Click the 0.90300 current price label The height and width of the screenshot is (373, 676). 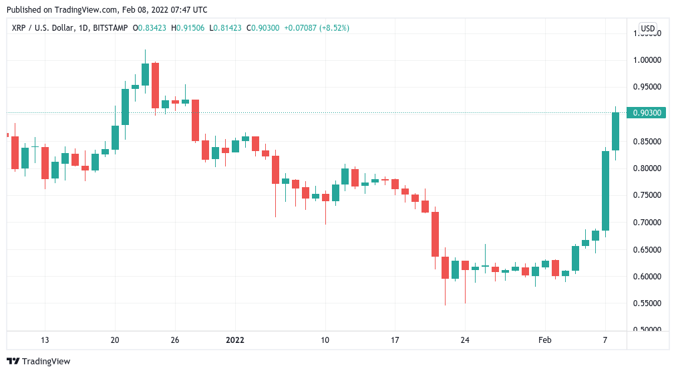(646, 113)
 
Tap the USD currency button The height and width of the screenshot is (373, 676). (647, 28)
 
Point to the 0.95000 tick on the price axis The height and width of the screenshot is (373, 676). (646, 87)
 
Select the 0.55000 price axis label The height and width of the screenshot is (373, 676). (646, 303)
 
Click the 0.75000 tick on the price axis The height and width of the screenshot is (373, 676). (646, 195)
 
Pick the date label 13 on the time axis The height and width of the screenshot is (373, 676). (45, 340)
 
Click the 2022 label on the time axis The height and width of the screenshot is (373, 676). (234, 340)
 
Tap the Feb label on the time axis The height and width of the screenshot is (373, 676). (545, 340)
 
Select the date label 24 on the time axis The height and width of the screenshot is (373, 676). (465, 340)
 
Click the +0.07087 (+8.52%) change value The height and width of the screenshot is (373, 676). (316, 28)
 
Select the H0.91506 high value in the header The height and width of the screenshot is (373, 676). (188, 28)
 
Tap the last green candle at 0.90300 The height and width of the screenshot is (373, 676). (615, 131)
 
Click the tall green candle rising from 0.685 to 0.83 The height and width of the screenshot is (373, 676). (605, 191)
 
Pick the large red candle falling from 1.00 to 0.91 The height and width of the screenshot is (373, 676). (155, 85)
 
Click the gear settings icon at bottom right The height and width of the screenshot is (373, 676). (647, 340)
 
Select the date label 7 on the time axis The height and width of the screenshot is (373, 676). (605, 340)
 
